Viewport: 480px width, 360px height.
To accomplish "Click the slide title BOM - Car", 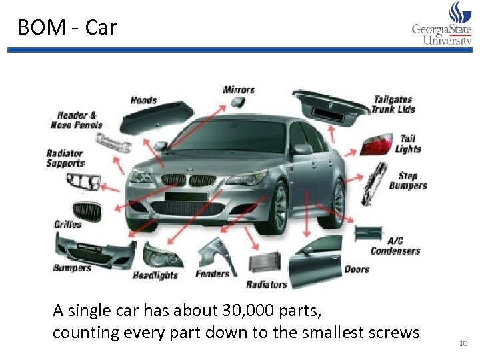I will (x=67, y=27).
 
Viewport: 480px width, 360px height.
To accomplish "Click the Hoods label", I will (x=143, y=100).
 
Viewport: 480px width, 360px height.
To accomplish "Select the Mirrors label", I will (x=239, y=89).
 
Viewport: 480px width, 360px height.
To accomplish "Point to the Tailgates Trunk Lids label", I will (x=393, y=105).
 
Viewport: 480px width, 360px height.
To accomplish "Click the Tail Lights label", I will (x=408, y=144).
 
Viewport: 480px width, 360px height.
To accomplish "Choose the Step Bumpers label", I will (x=408, y=181).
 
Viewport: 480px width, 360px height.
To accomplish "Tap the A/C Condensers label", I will (x=395, y=245).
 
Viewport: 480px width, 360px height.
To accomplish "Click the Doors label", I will (x=357, y=269).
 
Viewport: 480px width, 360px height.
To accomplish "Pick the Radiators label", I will (x=266, y=285).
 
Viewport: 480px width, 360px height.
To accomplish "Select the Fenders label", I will (x=212, y=273).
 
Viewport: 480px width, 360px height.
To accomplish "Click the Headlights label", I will (x=155, y=275).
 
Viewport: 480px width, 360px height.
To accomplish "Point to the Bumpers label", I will (x=72, y=268).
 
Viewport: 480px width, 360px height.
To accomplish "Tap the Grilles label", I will (x=67, y=225).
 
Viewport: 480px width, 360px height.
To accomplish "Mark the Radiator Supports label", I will (x=65, y=159).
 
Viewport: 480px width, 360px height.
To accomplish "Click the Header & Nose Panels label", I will (x=77, y=120).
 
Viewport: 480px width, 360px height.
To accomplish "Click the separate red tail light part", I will (x=376, y=144).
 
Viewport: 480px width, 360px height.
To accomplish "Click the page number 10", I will (x=463, y=343).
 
